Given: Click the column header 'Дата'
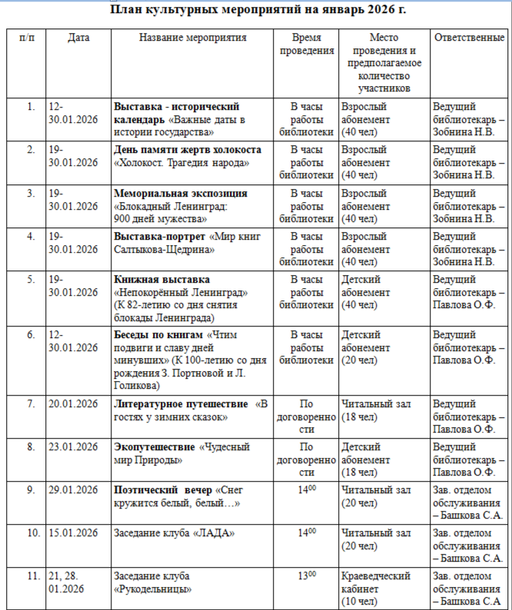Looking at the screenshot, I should (78, 38).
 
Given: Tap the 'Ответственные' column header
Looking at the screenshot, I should (469, 38).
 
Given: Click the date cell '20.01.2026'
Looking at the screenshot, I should (73, 404).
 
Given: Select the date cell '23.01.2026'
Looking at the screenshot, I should (73, 447).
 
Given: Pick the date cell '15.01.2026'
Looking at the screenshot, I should (73, 533).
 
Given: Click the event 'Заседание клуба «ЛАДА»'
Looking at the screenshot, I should (174, 533).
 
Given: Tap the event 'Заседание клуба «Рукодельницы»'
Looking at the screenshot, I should (152, 582).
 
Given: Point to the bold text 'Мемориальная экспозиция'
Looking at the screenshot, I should (181, 193).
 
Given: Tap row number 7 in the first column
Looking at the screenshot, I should (31, 404).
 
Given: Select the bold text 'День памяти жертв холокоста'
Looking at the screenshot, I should (188, 150).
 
